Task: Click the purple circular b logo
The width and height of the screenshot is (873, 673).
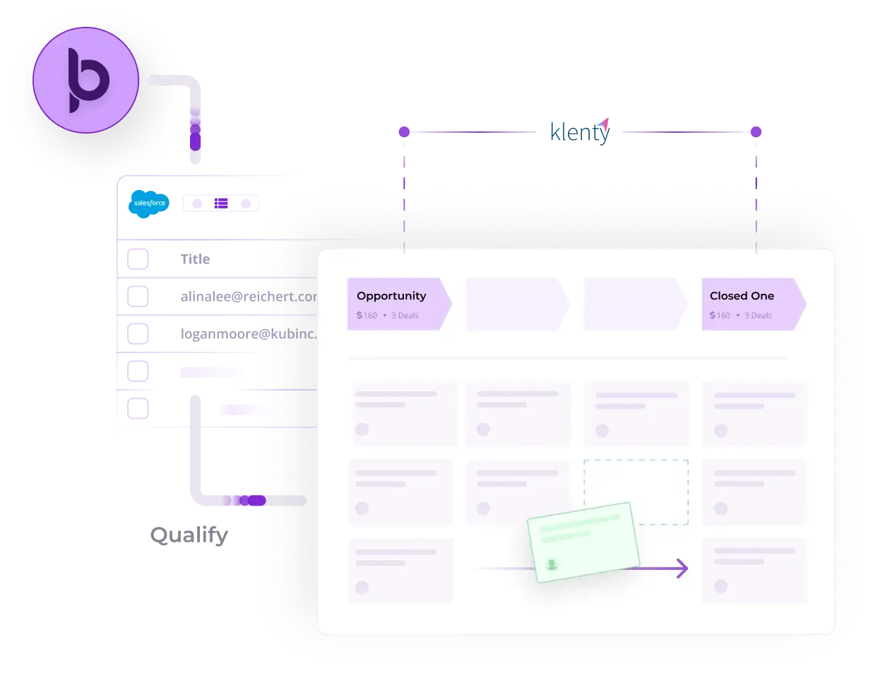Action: pyautogui.click(x=85, y=80)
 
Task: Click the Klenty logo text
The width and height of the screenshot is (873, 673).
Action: pyautogui.click(x=578, y=131)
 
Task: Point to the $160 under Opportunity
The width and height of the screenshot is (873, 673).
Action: pyautogui.click(x=367, y=316)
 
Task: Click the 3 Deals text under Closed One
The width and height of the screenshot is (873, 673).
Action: pyautogui.click(x=758, y=316)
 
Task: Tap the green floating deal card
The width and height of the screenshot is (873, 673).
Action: pyautogui.click(x=583, y=542)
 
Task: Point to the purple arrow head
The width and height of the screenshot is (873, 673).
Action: pyautogui.click(x=682, y=568)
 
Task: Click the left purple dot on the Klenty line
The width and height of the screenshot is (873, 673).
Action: pyautogui.click(x=404, y=132)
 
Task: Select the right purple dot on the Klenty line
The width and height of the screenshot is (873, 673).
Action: pyautogui.click(x=756, y=132)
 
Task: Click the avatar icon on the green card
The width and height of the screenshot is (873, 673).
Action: pyautogui.click(x=552, y=564)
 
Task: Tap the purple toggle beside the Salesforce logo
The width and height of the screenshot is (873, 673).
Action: pyautogui.click(x=221, y=203)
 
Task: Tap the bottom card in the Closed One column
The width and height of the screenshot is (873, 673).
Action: pyautogui.click(x=754, y=570)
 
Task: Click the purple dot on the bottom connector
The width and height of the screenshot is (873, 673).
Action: pyautogui.click(x=256, y=501)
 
